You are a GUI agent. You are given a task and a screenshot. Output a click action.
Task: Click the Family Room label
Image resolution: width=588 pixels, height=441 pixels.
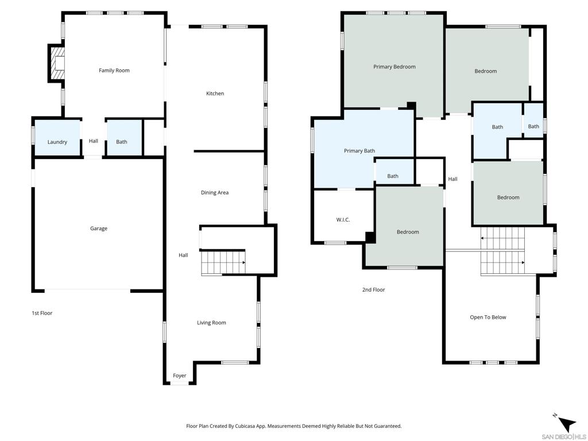pos(114,71)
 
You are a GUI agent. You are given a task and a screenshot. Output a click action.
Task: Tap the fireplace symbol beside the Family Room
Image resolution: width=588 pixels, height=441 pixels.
pos(56,63)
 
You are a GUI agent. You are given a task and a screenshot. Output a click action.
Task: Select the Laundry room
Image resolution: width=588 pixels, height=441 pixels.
pos(57,137)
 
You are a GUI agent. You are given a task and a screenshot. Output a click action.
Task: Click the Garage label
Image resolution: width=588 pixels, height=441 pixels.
pos(99,229)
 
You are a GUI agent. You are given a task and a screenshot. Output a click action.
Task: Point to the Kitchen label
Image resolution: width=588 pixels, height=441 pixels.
pos(215,94)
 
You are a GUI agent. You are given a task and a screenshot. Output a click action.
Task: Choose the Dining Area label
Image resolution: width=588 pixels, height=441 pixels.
pos(215,193)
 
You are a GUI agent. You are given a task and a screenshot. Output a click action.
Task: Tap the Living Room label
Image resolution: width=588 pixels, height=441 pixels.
pos(211,323)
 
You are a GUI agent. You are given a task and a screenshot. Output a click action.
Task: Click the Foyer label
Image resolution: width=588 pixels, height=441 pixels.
pos(180,376)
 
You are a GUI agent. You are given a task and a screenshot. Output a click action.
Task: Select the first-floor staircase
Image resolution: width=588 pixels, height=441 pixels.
pos(223,263)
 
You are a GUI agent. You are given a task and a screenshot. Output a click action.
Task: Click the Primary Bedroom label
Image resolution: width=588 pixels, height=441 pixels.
pos(394,67)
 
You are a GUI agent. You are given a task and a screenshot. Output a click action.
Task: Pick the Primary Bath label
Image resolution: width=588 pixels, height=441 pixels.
pos(359,151)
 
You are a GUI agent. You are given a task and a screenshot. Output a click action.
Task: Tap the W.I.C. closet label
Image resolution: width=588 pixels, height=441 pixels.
pos(343,220)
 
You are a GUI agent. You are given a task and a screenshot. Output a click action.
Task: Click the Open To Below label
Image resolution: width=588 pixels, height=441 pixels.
pos(488,317)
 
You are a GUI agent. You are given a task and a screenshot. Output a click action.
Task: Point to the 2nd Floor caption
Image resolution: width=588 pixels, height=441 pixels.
pos(373,289)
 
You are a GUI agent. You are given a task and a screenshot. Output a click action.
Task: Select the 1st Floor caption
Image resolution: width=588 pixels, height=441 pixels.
pos(42,313)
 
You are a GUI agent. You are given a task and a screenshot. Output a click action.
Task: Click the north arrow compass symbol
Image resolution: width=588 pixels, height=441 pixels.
pos(566,424)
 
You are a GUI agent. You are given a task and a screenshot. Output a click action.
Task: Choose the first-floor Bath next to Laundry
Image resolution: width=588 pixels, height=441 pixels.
pos(125,137)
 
